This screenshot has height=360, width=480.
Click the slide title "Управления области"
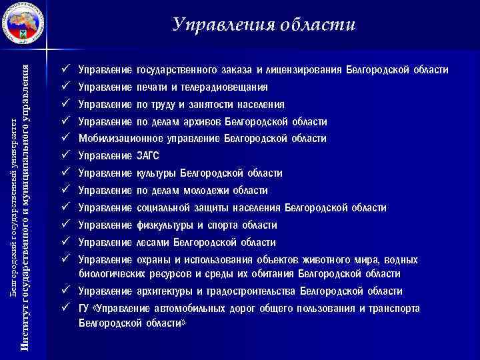[x=264, y=25]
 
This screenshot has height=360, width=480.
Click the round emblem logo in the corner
[x=24, y=25]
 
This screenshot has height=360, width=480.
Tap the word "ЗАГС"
[x=148, y=156]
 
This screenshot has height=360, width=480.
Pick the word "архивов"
[x=199, y=122]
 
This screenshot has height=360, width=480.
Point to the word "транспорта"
[x=395, y=309]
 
